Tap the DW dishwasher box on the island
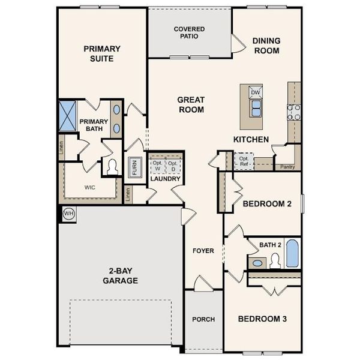tap(255, 92)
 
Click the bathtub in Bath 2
tap(292, 254)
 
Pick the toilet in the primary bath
tap(112, 167)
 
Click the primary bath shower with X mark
tap(66, 113)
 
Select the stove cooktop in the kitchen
tap(294, 111)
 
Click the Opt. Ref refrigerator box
tap(244, 161)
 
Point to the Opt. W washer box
tap(157, 166)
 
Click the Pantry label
tap(287, 167)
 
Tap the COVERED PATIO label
tap(189, 32)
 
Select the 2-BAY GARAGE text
tap(120, 275)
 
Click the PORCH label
tap(203, 319)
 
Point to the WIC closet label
tap(89, 187)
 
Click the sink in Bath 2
tap(258, 263)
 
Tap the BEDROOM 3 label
tap(262, 319)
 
